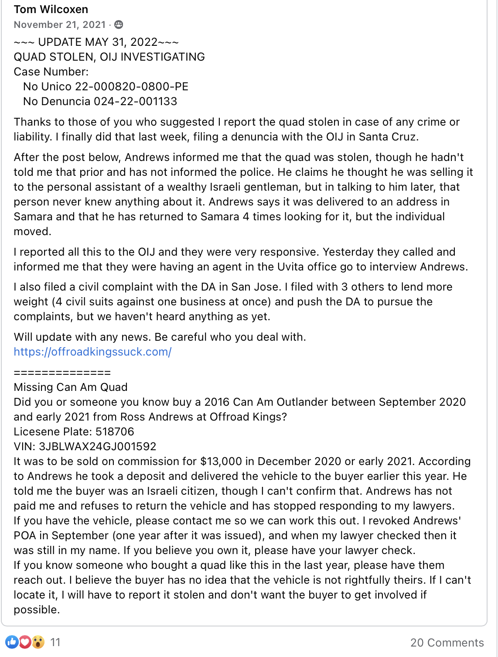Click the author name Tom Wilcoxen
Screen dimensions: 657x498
(x=51, y=9)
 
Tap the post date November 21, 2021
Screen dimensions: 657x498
(x=60, y=25)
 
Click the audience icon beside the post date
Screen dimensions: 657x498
(x=119, y=25)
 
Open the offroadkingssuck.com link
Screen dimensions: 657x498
(x=92, y=352)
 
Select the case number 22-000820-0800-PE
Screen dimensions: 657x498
(x=132, y=86)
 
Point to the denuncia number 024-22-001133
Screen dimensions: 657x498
(x=135, y=101)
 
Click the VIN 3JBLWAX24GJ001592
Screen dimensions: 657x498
(x=97, y=446)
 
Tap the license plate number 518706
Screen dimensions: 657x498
(x=115, y=431)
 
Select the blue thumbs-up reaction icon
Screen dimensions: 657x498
(x=12, y=642)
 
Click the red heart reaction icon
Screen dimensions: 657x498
(x=25, y=642)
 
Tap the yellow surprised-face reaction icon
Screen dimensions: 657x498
(x=38, y=642)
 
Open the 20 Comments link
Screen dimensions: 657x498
(x=447, y=642)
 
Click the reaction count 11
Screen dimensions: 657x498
(x=55, y=642)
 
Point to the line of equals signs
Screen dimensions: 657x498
(x=62, y=373)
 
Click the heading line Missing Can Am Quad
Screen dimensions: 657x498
(x=71, y=387)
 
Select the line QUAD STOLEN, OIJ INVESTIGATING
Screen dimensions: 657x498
(x=109, y=57)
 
